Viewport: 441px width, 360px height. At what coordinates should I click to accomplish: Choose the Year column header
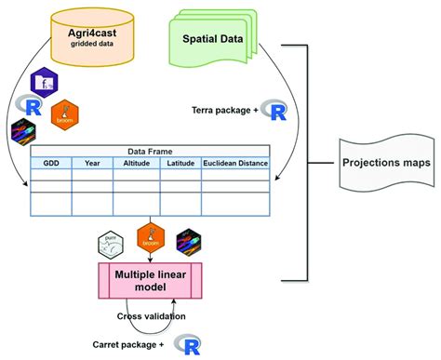pos(92,164)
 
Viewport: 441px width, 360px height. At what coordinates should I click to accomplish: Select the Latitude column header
pos(180,164)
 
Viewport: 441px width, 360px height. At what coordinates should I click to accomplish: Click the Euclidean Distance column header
pos(235,164)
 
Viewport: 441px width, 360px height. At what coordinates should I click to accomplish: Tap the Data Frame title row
pos(149,151)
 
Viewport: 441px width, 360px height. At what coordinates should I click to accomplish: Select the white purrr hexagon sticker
pos(112,244)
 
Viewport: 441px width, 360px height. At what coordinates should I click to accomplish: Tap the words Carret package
pos(134,343)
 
